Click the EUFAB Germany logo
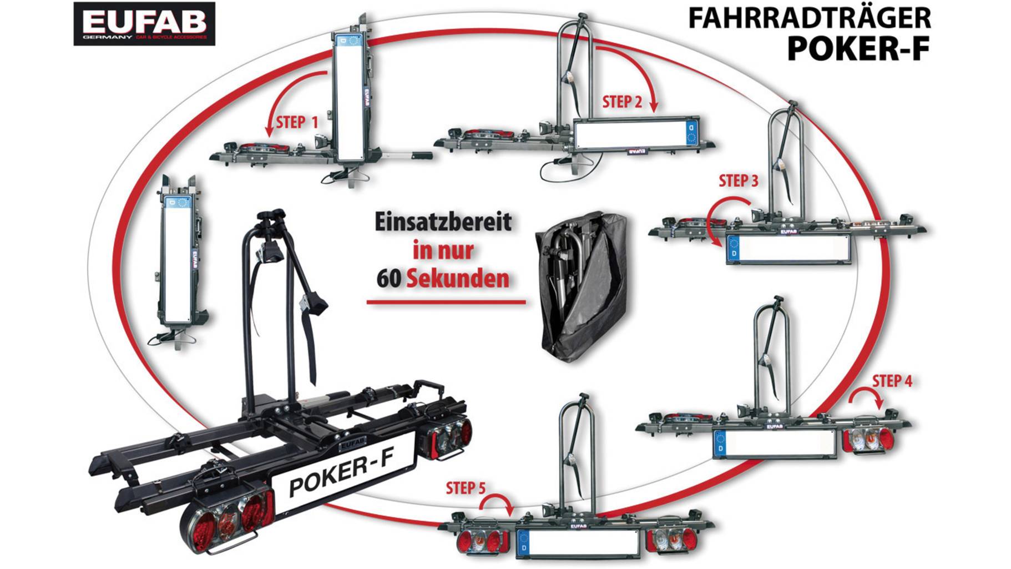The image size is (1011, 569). click(144, 24)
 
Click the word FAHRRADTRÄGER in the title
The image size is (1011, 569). click(809, 18)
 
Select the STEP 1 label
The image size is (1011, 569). click(297, 122)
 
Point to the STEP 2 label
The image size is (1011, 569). click(621, 102)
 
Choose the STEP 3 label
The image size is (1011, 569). click(738, 181)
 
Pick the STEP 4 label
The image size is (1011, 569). click(892, 381)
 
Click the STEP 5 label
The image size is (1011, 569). click(465, 488)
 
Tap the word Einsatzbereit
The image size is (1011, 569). click(443, 221)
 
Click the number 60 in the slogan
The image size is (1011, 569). click(388, 279)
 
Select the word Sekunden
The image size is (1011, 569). click(458, 279)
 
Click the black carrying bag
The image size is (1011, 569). click(580, 286)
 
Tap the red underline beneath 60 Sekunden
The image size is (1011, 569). click(446, 303)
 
